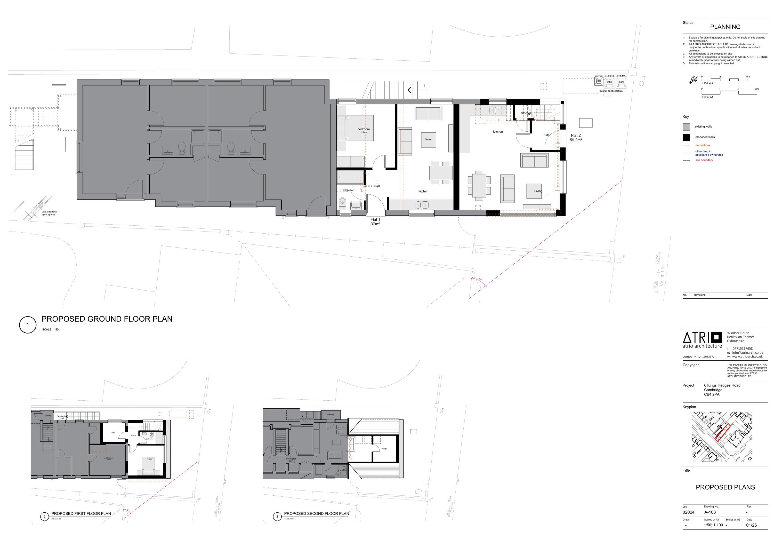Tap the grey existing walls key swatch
pos(686,127)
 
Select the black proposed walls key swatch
pos(686,137)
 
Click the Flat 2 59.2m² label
pos(576,138)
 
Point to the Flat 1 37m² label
pos(375,221)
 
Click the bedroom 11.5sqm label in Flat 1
pos(364,130)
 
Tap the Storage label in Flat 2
pos(526,113)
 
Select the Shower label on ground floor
pos(348,190)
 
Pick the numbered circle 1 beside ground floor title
pos(28,325)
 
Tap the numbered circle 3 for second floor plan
pos(277,517)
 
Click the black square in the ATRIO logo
pos(716,337)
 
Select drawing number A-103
pos(710,512)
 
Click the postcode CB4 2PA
pos(712,394)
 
